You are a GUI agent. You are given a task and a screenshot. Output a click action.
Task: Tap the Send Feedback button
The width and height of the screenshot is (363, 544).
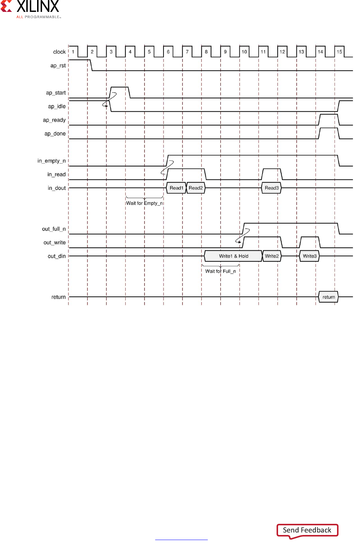click(307, 530)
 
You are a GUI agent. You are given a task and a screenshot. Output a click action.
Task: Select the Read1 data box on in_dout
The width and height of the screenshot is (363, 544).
click(176, 188)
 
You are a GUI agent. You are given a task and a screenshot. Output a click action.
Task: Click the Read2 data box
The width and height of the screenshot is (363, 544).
click(196, 188)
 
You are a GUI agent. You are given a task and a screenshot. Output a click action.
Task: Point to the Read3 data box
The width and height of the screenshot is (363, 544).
click(272, 188)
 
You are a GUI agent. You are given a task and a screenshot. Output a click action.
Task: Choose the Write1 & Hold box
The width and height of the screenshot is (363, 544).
click(233, 256)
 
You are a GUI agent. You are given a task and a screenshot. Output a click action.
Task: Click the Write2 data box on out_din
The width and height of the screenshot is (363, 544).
click(272, 256)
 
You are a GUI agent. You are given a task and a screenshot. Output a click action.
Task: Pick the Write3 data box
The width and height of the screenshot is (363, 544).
click(309, 256)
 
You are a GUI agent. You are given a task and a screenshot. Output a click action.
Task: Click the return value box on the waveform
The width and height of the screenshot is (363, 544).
click(328, 297)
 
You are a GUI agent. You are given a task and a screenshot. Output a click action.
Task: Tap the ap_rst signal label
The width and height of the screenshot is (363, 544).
click(58, 66)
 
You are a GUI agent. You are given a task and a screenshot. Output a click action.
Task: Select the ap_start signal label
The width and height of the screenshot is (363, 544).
click(56, 93)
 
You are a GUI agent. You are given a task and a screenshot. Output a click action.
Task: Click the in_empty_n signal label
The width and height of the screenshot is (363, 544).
click(51, 161)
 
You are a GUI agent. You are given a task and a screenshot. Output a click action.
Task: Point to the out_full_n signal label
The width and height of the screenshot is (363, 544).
click(54, 229)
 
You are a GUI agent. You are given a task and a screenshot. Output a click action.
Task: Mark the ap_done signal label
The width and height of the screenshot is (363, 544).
click(55, 134)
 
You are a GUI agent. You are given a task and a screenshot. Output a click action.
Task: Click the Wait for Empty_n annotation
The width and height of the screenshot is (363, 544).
click(145, 203)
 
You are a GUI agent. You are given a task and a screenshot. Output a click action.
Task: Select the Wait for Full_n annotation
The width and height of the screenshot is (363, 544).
click(220, 271)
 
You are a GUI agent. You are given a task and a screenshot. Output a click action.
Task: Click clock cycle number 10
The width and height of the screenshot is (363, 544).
click(244, 52)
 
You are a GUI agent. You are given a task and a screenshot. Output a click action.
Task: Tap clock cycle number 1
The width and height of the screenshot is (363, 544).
click(73, 52)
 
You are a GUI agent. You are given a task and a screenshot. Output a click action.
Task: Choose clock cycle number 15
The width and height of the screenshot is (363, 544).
click(339, 52)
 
